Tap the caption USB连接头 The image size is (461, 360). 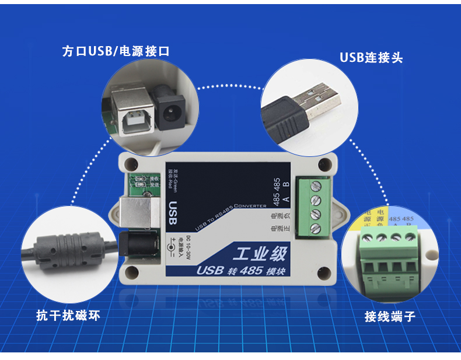click(371, 58)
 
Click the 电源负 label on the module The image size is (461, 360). click(274, 216)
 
